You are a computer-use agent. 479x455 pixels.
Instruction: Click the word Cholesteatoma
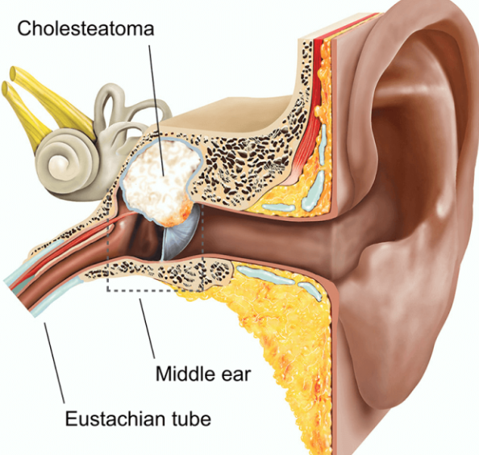tap(85, 28)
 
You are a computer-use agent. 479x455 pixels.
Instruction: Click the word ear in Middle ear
tap(236, 374)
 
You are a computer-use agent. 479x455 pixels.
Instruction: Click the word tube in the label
tap(192, 418)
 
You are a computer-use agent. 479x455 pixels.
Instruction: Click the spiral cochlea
tap(65, 165)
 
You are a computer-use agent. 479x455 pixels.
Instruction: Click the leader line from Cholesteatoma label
tap(157, 111)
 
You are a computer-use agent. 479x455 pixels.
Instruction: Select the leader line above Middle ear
tap(148, 328)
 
